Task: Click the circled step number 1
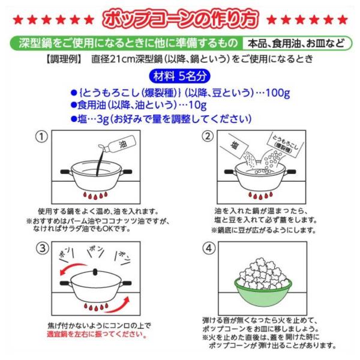tap(41, 137)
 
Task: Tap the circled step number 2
tap(208, 136)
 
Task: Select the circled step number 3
tap(43, 248)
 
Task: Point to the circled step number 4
tap(209, 248)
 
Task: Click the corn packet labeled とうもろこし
tap(285, 144)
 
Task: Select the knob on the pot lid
tap(95, 272)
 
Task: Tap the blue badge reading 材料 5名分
tap(179, 76)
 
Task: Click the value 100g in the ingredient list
tap(278, 93)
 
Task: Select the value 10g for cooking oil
tap(197, 105)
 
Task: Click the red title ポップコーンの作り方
tap(181, 18)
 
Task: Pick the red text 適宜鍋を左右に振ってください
tap(97, 334)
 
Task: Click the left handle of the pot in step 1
tap(65, 172)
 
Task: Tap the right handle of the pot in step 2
tap(290, 172)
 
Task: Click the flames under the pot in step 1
tap(95, 196)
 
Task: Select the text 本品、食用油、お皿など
tap(296, 43)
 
